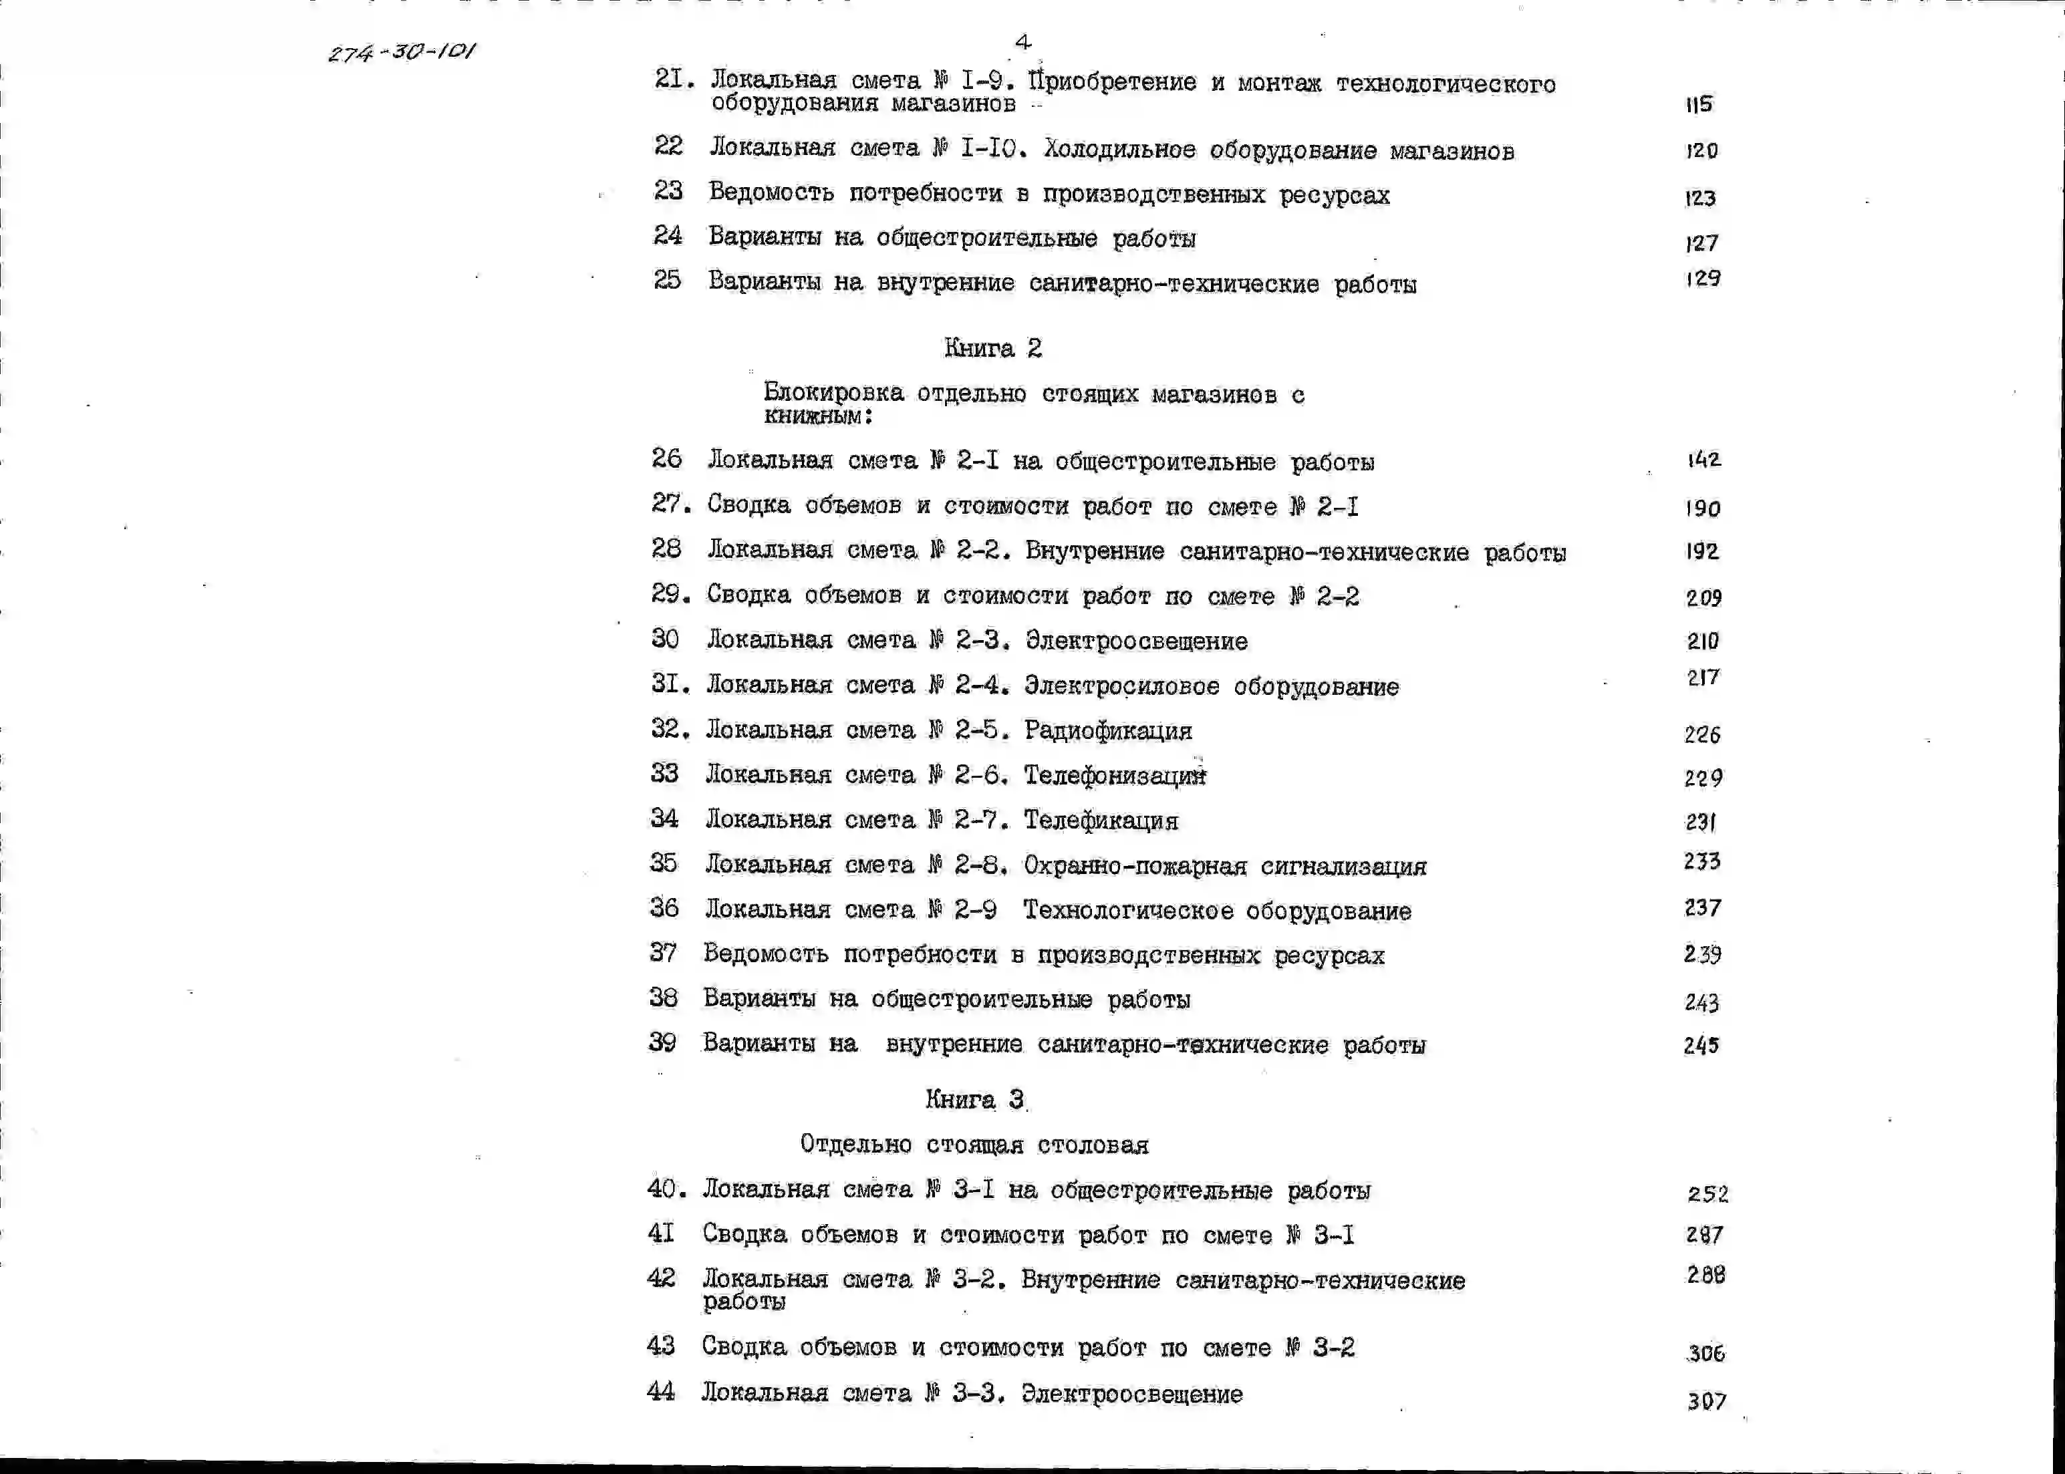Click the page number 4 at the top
pyautogui.click(x=1023, y=41)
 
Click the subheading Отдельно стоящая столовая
pyautogui.click(x=974, y=1145)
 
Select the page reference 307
pyautogui.click(x=1706, y=1401)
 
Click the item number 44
pyautogui.click(x=661, y=1391)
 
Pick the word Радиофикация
pyautogui.click(x=1108, y=730)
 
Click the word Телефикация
pyautogui.click(x=1101, y=821)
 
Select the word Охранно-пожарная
pyautogui.click(x=1135, y=866)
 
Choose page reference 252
pyautogui.click(x=1707, y=1193)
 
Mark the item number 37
pyautogui.click(x=664, y=952)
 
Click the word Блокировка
pyautogui.click(x=833, y=392)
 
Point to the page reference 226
pyautogui.click(x=1702, y=734)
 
